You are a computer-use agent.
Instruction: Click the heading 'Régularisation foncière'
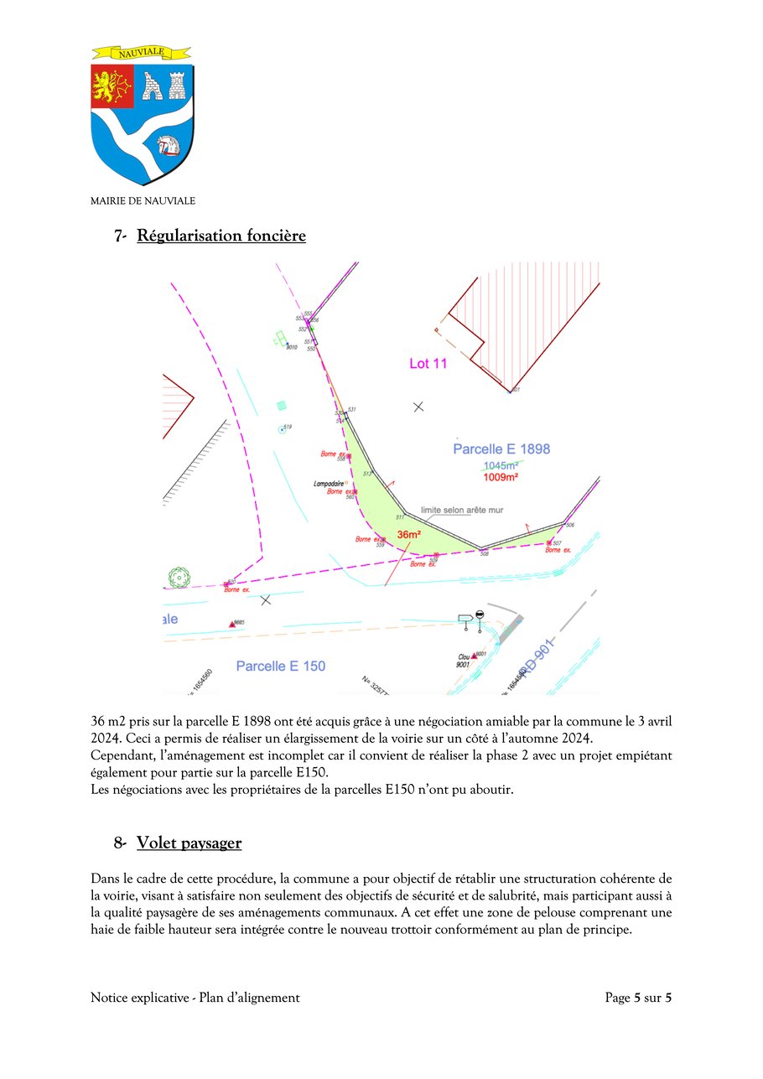[x=221, y=236]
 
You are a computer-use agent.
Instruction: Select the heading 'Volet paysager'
[x=189, y=843]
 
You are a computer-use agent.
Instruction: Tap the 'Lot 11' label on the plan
[x=428, y=364]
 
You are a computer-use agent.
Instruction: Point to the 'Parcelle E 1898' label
[x=501, y=449]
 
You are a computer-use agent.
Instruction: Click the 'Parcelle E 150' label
[x=281, y=667]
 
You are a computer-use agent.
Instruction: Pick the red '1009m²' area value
[x=500, y=477]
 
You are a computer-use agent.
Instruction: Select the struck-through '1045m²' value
[x=500, y=465]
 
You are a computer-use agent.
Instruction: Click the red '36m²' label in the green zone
[x=408, y=535]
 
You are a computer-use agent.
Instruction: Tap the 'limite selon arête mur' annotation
[x=457, y=510]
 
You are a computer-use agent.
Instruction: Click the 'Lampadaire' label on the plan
[x=329, y=484]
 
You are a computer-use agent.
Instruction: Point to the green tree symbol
[x=179, y=577]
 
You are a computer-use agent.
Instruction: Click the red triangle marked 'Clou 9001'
[x=474, y=656]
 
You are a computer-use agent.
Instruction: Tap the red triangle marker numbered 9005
[x=232, y=624]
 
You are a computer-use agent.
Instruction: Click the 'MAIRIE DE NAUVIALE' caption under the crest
[x=143, y=201]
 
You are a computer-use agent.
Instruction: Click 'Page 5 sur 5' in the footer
[x=638, y=998]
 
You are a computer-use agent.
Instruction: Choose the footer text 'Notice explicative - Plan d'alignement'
[x=195, y=998]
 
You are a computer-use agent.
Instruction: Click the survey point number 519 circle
[x=281, y=430]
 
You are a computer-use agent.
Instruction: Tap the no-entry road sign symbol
[x=479, y=615]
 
